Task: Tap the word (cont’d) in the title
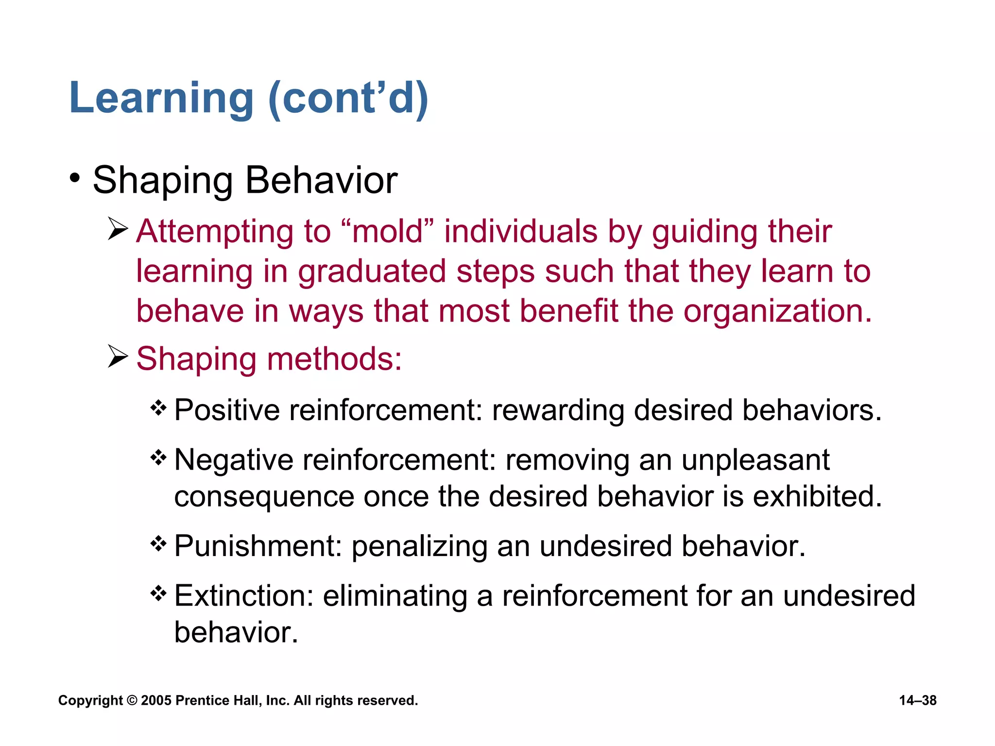point(348,99)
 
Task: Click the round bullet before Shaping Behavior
point(74,178)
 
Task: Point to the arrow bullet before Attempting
point(118,229)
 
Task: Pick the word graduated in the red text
point(372,271)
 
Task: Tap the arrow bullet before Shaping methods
point(118,356)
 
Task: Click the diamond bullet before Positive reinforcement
point(158,407)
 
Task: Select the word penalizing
point(419,547)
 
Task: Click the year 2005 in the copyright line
point(156,700)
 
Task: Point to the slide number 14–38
point(917,700)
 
